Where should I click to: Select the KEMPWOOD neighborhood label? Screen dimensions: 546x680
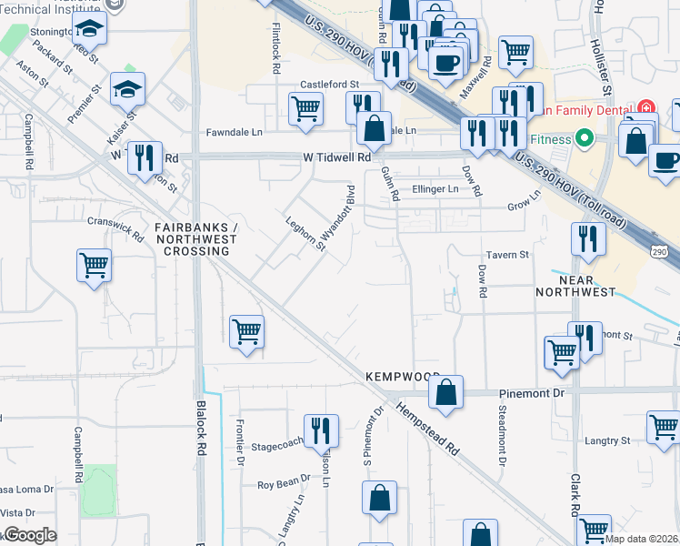click(403, 376)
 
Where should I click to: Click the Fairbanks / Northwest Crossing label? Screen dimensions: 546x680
click(195, 239)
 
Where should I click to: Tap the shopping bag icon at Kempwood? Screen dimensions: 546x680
click(445, 393)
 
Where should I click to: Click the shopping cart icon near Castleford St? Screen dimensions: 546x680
click(305, 109)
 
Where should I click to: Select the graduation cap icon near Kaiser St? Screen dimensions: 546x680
click(127, 89)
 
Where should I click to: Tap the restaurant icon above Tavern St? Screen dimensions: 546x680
click(588, 238)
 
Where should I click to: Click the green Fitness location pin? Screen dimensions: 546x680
click(584, 140)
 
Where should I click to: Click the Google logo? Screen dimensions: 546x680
click(29, 535)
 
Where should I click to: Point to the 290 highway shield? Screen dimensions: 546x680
click(661, 250)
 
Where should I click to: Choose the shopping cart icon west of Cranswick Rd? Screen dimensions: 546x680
click(94, 266)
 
